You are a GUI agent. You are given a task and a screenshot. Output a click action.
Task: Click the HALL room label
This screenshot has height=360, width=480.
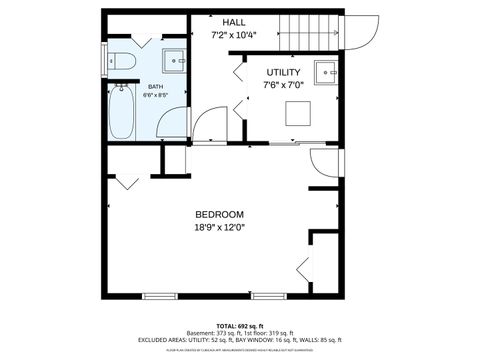pyautogui.click(x=233, y=21)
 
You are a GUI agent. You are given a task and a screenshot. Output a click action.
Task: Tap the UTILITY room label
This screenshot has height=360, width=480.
pyautogui.click(x=284, y=72)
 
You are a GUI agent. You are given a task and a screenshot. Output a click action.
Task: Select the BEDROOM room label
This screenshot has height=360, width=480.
pyautogui.click(x=218, y=214)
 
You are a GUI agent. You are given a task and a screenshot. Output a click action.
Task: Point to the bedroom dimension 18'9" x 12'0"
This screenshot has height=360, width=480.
pyautogui.click(x=218, y=227)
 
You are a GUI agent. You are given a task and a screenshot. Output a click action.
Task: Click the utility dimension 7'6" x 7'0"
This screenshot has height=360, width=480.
pyautogui.click(x=284, y=85)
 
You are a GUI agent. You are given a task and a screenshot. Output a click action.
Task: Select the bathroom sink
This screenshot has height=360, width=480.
pyautogui.click(x=175, y=60)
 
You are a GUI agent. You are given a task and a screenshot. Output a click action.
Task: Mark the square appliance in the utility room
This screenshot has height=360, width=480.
pyautogui.click(x=298, y=113)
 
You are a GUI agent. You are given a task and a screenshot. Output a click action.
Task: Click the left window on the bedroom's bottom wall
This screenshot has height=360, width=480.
pyautogui.click(x=160, y=296)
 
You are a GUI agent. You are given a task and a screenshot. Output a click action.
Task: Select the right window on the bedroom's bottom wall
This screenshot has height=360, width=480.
pyautogui.click(x=268, y=296)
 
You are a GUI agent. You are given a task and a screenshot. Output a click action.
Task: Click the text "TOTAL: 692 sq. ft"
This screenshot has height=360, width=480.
pyautogui.click(x=240, y=326)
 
